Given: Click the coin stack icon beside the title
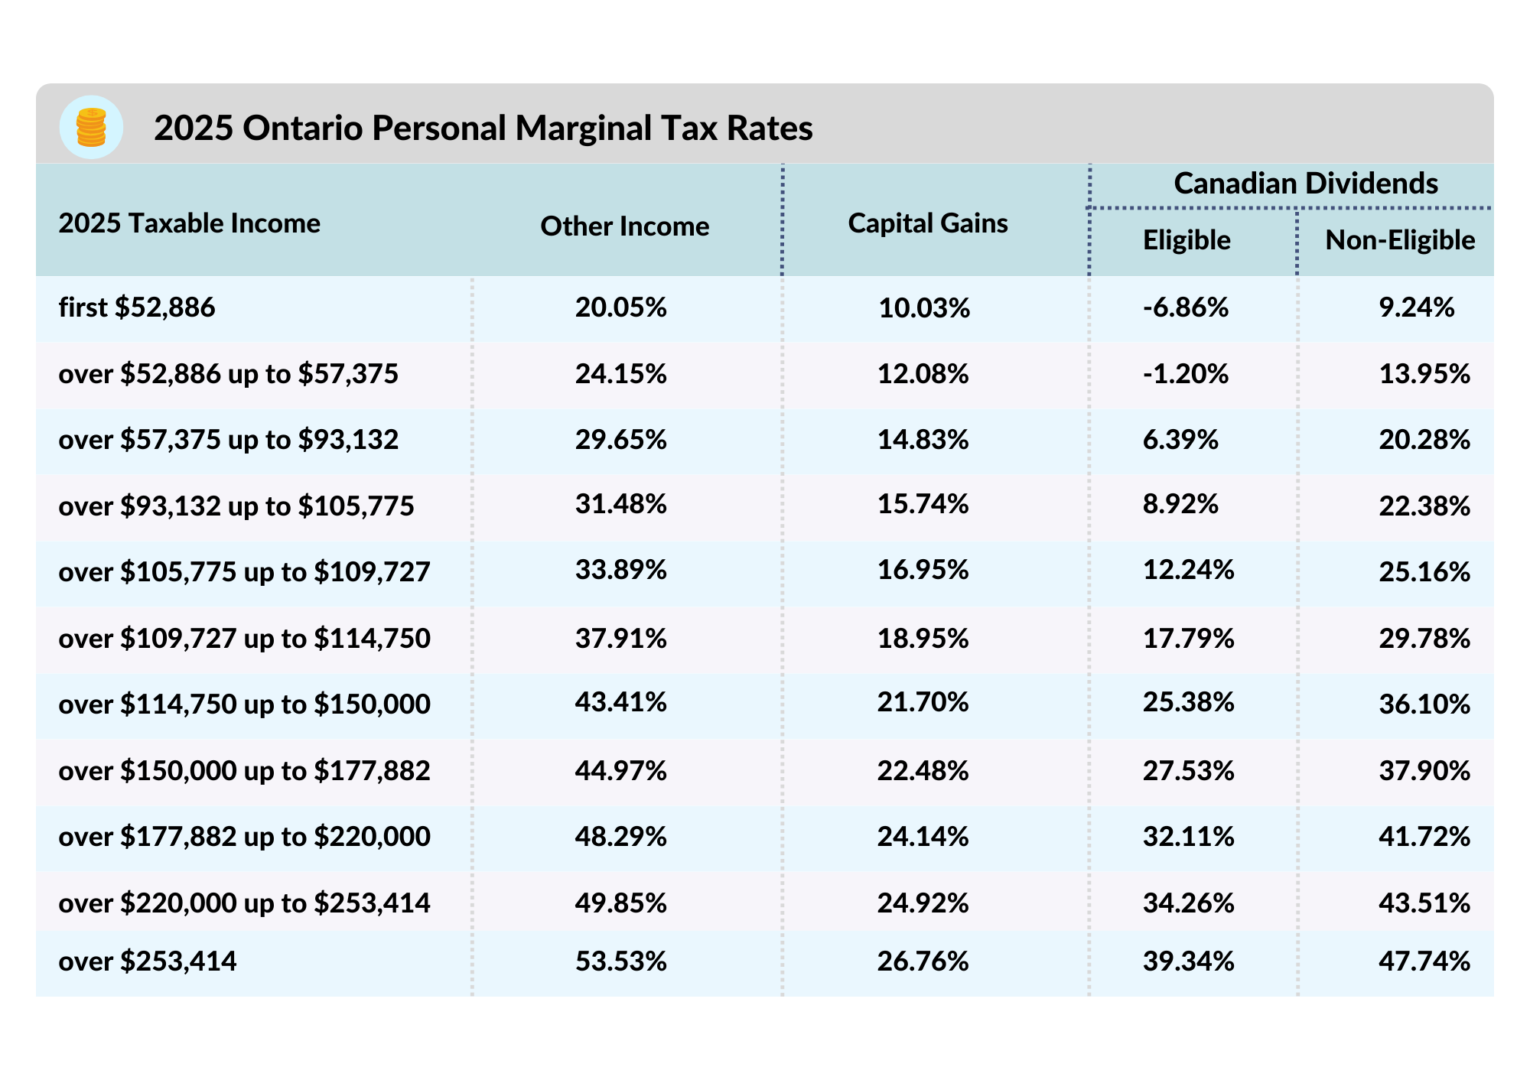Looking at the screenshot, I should click(x=91, y=127).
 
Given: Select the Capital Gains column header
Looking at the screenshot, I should click(x=927, y=223).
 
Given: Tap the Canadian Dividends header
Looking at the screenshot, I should click(x=1305, y=184).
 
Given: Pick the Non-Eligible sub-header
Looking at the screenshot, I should click(x=1399, y=240).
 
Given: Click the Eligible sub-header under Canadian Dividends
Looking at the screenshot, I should click(x=1186, y=240).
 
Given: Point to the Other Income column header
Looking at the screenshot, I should click(x=624, y=226).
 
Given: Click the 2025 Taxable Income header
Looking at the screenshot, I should click(x=189, y=223).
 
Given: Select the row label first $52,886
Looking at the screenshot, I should click(x=137, y=307).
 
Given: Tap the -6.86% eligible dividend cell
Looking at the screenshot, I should click(x=1185, y=307).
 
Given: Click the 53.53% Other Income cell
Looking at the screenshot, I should click(x=620, y=961).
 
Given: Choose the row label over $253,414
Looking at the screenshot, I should click(x=148, y=961).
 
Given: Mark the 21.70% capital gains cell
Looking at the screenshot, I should click(x=923, y=702).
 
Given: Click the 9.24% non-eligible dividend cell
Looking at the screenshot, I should click(x=1416, y=307).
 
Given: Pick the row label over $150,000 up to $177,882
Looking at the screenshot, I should click(x=244, y=770).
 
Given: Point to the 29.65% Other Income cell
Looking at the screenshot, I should click(x=620, y=440).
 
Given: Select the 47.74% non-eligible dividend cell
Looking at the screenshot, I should click(x=1424, y=961).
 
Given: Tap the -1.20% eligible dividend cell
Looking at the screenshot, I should click(x=1185, y=374).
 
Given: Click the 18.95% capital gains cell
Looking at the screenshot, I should click(x=923, y=639).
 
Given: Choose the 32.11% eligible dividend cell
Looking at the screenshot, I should click(x=1188, y=837).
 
